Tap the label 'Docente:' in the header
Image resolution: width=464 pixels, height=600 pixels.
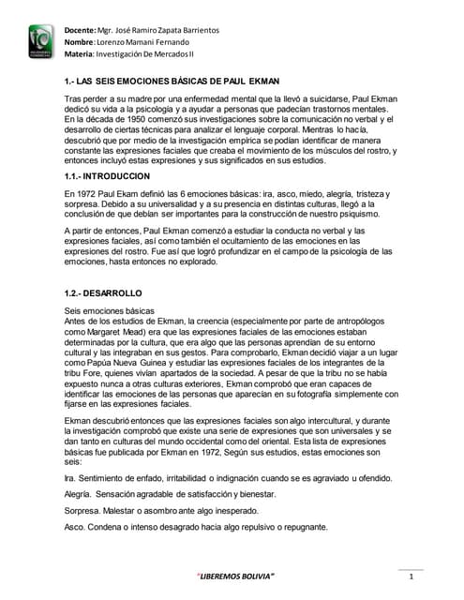point(82,31)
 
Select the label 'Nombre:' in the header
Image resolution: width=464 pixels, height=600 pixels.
point(82,44)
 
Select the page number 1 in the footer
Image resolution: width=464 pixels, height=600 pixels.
point(410,576)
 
